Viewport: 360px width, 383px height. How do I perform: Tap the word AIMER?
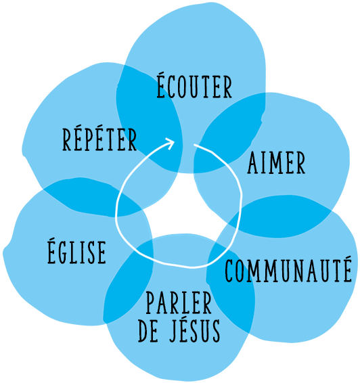coord(276,162)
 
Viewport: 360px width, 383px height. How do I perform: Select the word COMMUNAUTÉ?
coord(288,269)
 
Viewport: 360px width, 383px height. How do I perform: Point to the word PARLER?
coord(179,302)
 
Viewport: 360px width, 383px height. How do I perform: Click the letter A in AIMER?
coord(253,162)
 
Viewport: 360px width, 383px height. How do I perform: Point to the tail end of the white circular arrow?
coord(194,145)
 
